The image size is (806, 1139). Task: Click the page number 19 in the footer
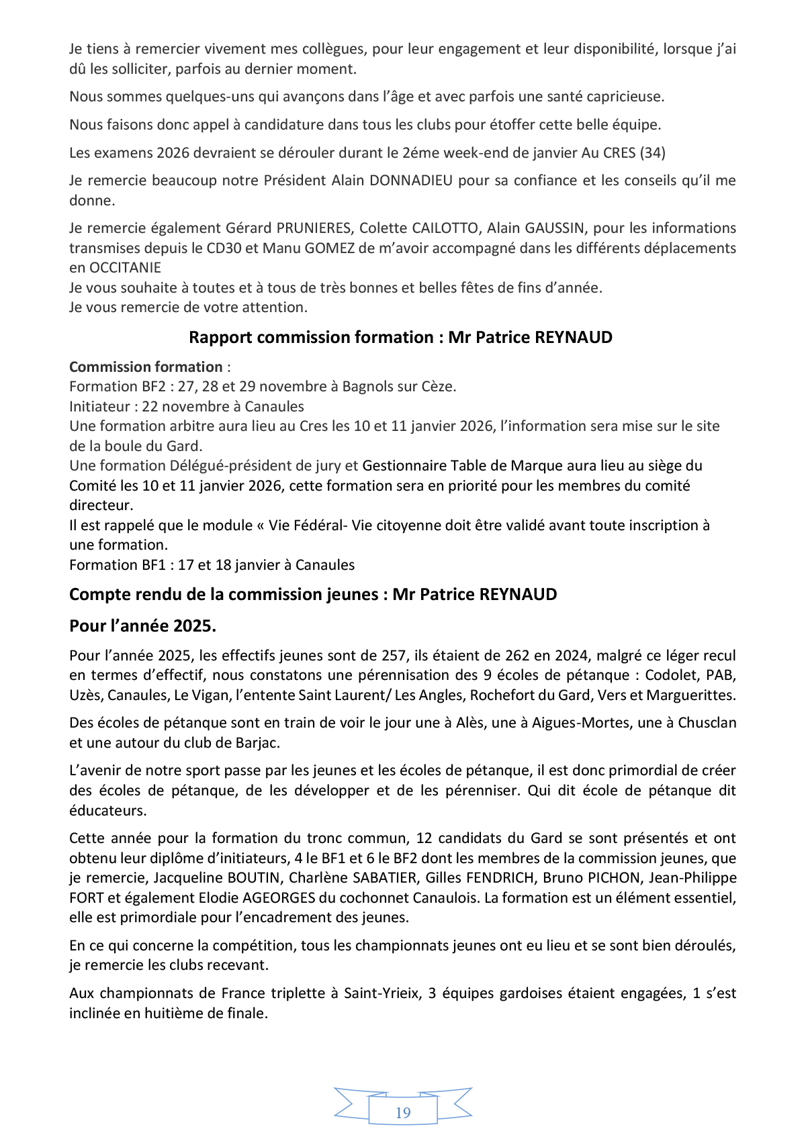[x=403, y=1113]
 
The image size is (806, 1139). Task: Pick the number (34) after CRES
[x=652, y=153]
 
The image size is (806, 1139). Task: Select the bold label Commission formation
[x=146, y=367]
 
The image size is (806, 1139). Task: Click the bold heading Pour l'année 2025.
[x=142, y=626]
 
